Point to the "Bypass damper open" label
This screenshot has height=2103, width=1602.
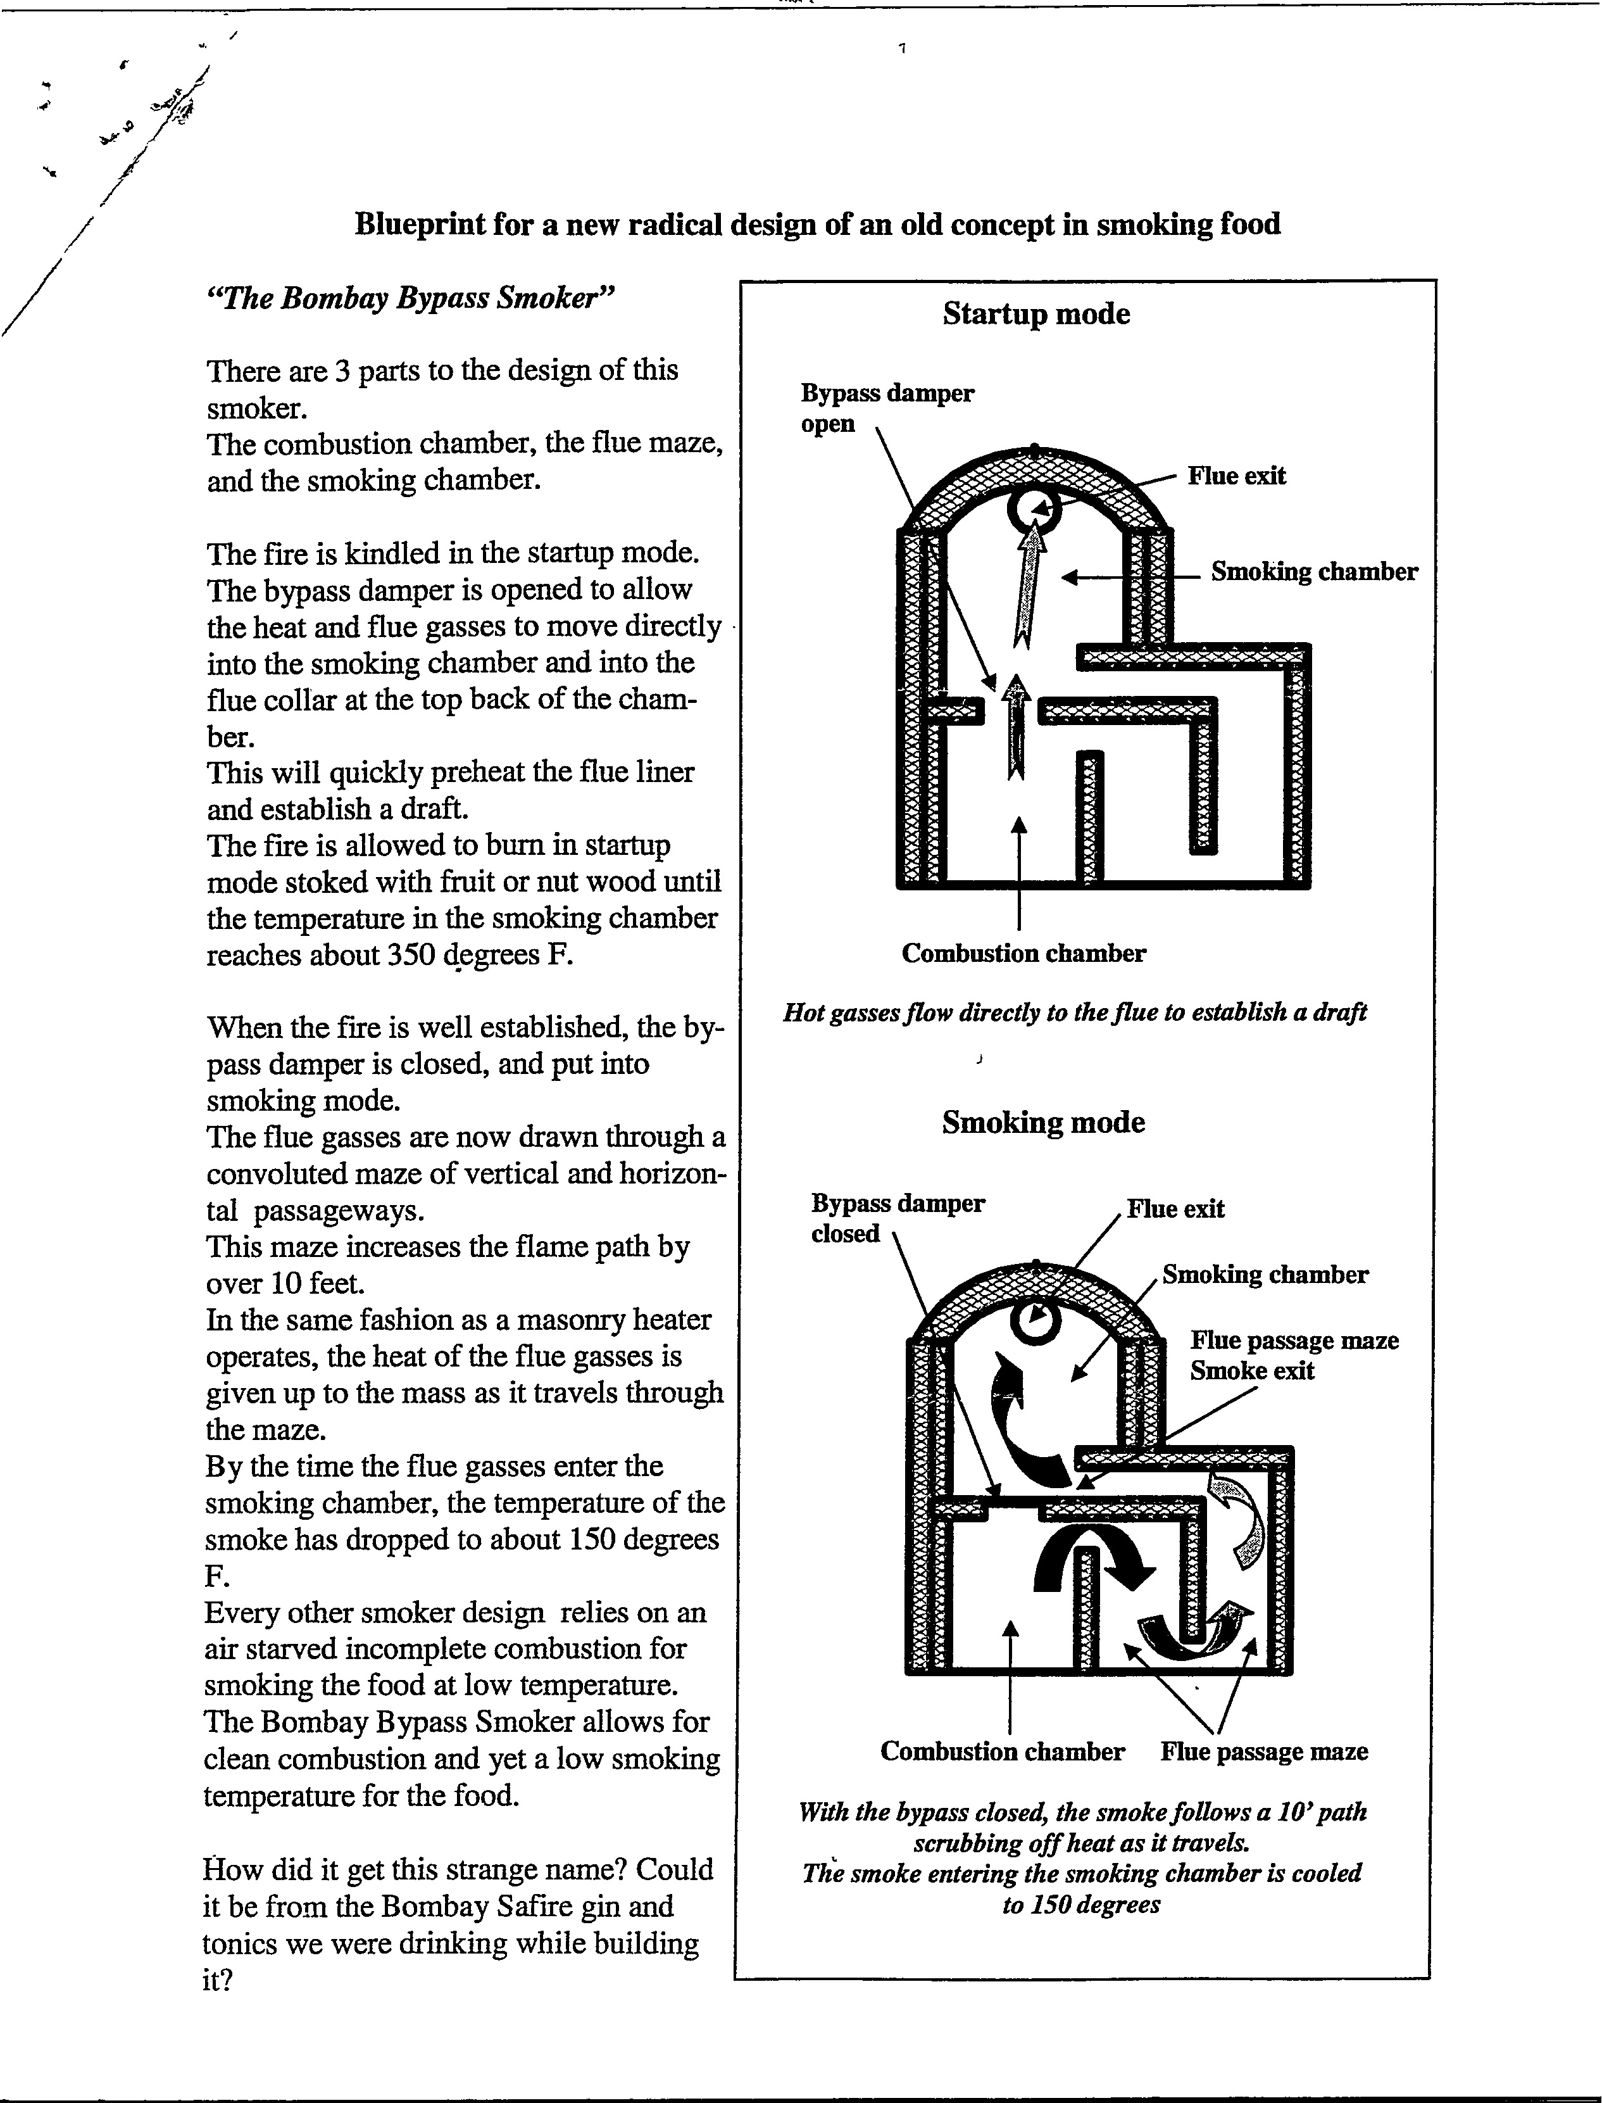(886, 408)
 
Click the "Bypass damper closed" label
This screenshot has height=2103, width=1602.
(896, 1218)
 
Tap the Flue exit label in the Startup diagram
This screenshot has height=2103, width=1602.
(1236, 476)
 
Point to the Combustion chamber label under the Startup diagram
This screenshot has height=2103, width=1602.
(1023, 954)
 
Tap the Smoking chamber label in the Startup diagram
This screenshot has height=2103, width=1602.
(1313, 572)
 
